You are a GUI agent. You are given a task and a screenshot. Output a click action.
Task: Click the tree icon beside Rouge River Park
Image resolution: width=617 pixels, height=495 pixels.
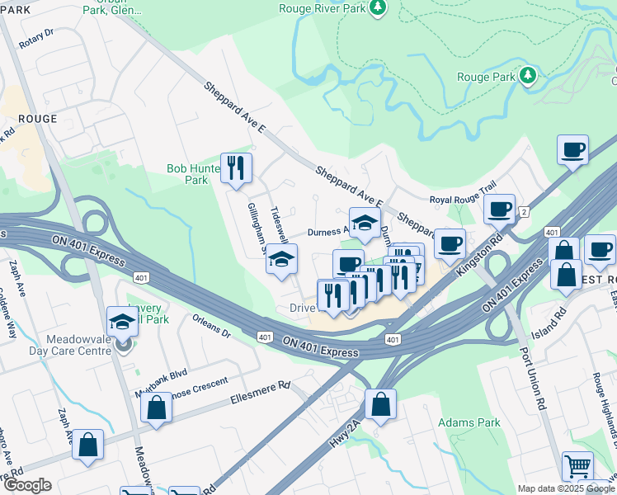click(378, 7)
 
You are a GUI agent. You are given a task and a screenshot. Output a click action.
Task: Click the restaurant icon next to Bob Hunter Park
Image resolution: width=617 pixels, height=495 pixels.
click(237, 167)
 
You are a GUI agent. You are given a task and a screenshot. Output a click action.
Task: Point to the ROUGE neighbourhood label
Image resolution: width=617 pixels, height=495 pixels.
click(37, 119)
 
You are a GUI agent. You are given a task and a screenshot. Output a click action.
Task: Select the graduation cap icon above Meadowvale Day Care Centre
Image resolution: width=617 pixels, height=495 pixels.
click(122, 321)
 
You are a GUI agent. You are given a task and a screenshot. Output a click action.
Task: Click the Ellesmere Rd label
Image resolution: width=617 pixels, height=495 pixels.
click(261, 391)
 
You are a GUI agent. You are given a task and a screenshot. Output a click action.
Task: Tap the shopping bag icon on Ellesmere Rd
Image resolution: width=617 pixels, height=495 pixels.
click(156, 408)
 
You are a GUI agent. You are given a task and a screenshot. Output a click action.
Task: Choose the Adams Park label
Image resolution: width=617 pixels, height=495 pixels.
click(469, 422)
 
